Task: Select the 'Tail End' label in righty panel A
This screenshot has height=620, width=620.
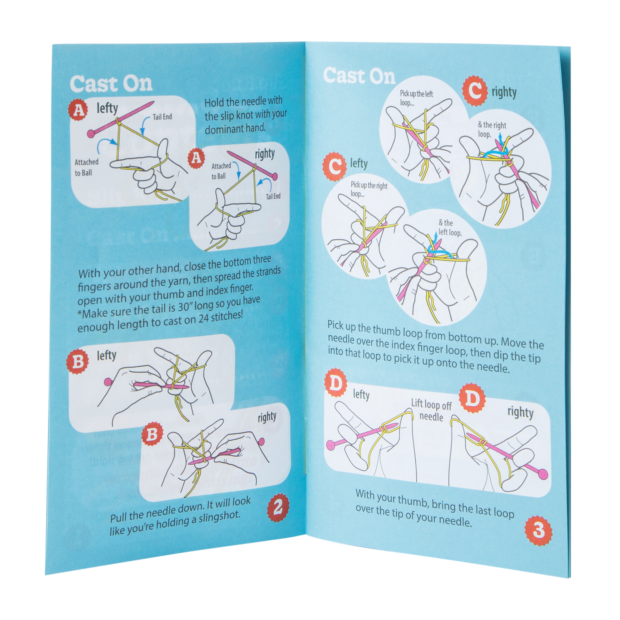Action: pos(273,196)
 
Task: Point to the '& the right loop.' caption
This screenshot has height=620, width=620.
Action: pos(492,129)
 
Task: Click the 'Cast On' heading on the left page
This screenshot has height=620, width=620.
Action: pos(111,84)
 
